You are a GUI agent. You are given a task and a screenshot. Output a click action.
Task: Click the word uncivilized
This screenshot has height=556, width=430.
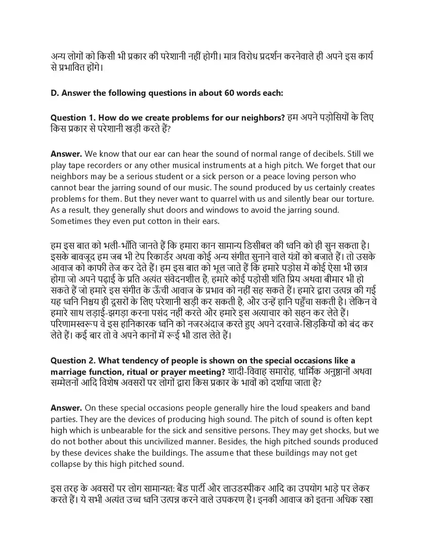click(164, 442)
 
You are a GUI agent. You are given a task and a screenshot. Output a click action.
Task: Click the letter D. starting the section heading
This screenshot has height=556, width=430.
click(55, 93)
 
